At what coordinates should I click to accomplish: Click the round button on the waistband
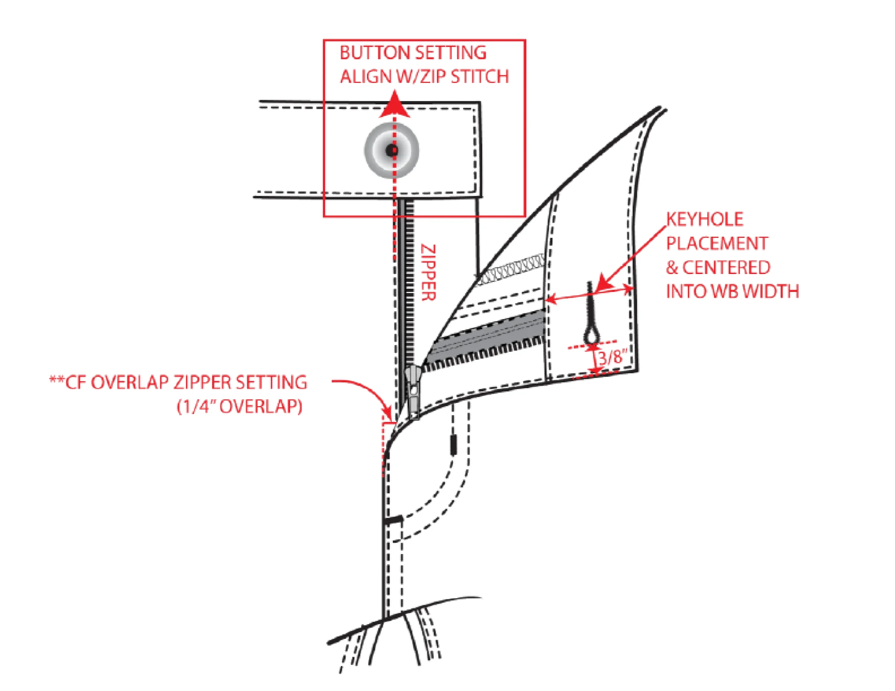click(x=392, y=150)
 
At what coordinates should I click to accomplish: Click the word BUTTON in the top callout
click(x=375, y=53)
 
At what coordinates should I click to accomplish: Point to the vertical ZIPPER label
click(x=428, y=273)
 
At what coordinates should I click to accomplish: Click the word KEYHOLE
click(x=705, y=219)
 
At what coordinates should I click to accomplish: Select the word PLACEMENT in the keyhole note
click(x=717, y=243)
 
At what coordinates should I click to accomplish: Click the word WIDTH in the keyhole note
click(x=771, y=291)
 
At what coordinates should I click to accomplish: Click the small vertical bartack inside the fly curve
click(x=454, y=445)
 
